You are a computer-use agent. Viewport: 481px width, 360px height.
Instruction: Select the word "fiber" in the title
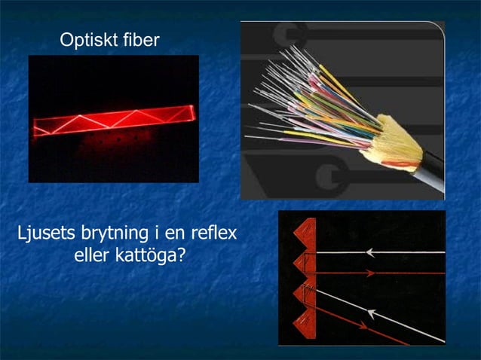point(140,40)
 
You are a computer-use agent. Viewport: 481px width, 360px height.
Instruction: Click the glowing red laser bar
point(113,120)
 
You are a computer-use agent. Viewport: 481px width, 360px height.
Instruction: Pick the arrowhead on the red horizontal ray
point(370,273)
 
